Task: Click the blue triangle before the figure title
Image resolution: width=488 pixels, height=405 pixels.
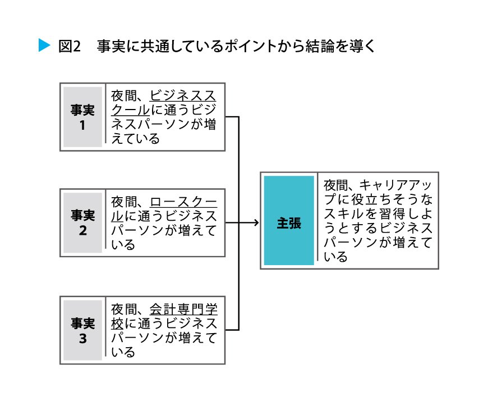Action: coord(44,45)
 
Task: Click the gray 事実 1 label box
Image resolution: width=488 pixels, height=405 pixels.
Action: coord(82,117)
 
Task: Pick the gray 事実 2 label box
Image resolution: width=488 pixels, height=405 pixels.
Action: coord(82,222)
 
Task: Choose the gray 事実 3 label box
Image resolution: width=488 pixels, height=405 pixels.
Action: coord(82,330)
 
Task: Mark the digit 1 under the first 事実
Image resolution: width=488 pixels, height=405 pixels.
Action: coord(82,125)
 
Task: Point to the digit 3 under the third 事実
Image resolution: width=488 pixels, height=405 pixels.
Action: coord(82,339)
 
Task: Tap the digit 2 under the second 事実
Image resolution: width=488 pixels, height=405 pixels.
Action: coord(82,231)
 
